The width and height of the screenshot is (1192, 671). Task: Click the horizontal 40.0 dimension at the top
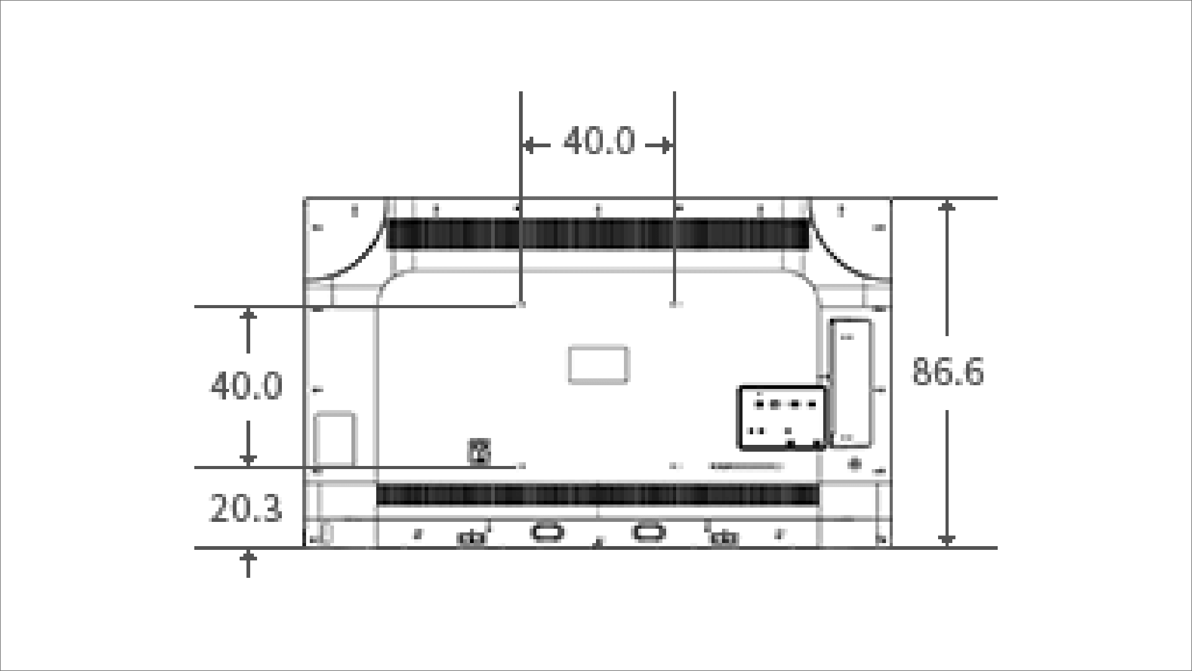599,142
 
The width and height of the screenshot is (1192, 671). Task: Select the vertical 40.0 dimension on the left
246,386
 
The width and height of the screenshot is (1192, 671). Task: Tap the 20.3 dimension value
246,509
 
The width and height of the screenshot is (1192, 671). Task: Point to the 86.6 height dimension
947,372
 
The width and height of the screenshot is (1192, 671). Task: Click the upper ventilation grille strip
598,234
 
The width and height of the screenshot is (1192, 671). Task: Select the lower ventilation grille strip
598,495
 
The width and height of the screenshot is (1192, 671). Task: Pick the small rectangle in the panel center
598,365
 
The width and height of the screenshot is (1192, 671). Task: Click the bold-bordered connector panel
782,417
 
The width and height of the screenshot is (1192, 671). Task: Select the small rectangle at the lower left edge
335,439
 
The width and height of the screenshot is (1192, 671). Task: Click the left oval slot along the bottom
547,532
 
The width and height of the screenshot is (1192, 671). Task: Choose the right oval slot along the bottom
648,532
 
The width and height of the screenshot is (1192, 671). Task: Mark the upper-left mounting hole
521,305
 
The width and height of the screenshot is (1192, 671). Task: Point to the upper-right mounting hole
675,305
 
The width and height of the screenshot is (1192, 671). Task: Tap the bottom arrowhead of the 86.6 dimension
946,540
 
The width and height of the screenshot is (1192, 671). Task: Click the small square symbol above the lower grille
479,452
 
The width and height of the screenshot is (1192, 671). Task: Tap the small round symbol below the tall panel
855,463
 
